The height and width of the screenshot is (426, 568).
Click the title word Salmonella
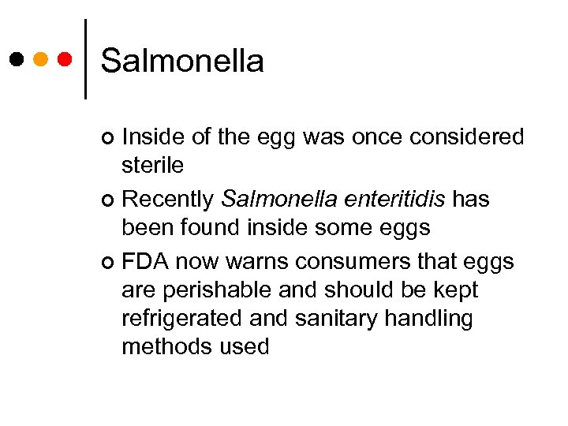(x=182, y=61)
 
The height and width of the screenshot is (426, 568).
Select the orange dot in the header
(x=41, y=59)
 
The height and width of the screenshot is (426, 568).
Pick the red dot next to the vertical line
(x=65, y=59)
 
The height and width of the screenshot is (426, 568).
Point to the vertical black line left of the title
(x=84, y=59)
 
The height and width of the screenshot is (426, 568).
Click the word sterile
(x=152, y=165)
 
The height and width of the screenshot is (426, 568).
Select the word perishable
(x=208, y=290)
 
